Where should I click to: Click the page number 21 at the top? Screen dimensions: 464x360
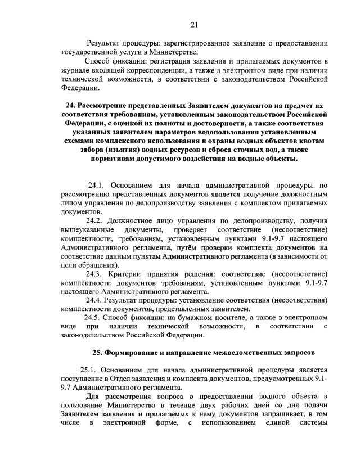(x=195, y=24)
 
